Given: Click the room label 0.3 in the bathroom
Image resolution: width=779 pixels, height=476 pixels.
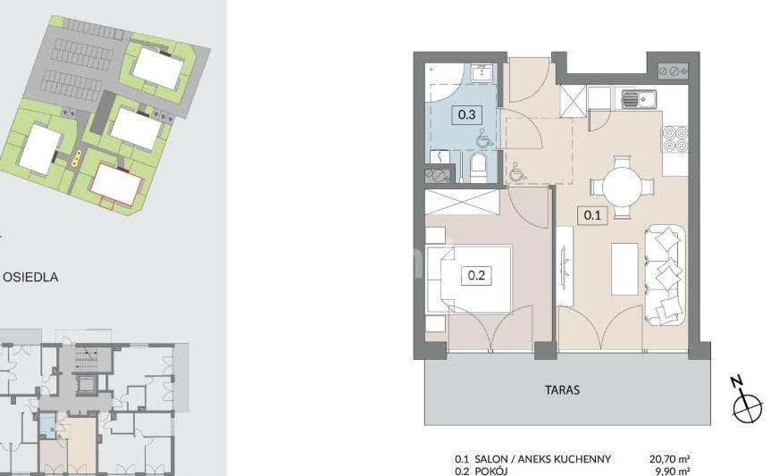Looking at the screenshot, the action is pyautogui.click(x=466, y=115).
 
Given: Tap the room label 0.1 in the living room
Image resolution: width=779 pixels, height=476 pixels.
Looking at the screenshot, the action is pyautogui.click(x=592, y=215).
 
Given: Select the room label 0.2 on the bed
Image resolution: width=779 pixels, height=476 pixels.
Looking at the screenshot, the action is pyautogui.click(x=476, y=275).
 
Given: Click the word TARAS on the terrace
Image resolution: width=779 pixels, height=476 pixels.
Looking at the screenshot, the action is pyautogui.click(x=563, y=390).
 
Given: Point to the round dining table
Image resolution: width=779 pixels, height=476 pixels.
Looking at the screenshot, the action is pyautogui.click(x=622, y=188).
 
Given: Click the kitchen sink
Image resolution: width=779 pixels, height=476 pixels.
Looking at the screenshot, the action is pyautogui.click(x=639, y=99).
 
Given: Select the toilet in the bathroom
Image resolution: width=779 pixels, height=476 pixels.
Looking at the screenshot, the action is pyautogui.click(x=480, y=166).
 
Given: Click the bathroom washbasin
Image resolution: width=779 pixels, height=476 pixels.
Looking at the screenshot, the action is pyautogui.click(x=482, y=73).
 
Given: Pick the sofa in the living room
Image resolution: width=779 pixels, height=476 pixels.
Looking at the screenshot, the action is pyautogui.click(x=666, y=275).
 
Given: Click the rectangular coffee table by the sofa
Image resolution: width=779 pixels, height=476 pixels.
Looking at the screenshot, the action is pyautogui.click(x=625, y=269).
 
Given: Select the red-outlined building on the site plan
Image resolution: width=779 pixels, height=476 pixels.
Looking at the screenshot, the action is pyautogui.click(x=116, y=184).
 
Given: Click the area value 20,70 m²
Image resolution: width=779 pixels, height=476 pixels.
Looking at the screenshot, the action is pyautogui.click(x=670, y=459).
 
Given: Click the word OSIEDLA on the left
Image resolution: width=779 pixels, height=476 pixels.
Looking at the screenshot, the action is pyautogui.click(x=30, y=277).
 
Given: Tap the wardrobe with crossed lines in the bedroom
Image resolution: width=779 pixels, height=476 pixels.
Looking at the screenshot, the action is pyautogui.click(x=462, y=202).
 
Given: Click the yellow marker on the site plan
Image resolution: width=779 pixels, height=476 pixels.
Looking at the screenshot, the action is pyautogui.click(x=76, y=158).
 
